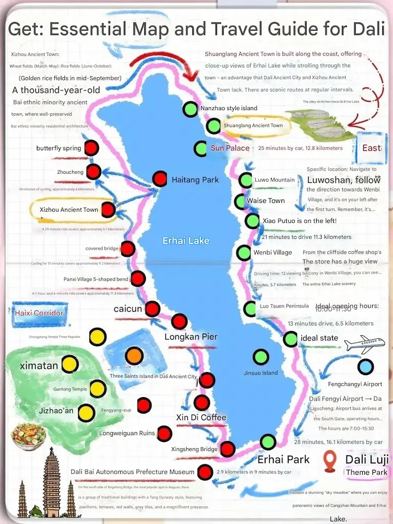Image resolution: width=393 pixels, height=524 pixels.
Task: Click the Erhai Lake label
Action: pos(186,241)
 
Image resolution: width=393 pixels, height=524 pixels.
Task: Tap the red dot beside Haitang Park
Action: pos(160,179)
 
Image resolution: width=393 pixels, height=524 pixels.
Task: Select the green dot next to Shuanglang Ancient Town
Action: pos(213,125)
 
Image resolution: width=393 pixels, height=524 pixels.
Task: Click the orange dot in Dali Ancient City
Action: pos(134,355)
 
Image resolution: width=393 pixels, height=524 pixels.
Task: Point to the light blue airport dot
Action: pos(365,367)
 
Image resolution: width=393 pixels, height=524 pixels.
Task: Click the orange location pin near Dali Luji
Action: pos(330,461)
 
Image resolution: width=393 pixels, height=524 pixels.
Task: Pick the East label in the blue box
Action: pos(371,148)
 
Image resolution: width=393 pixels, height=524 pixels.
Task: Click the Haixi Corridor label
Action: pos(39,313)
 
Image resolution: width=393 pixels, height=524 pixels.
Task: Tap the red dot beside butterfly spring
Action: pos(91,148)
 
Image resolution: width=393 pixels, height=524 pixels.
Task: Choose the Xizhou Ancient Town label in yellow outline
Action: pos(69,210)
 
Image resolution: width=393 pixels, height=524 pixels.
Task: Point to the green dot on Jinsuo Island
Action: pos(261,357)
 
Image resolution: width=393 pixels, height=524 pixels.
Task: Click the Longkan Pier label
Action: pos(191,337)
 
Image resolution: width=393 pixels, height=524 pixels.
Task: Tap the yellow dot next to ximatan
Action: pos(70,365)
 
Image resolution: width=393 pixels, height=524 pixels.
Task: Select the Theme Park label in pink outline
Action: pos(366,472)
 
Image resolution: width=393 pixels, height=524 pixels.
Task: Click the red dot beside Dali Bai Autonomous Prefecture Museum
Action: pos(205,472)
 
